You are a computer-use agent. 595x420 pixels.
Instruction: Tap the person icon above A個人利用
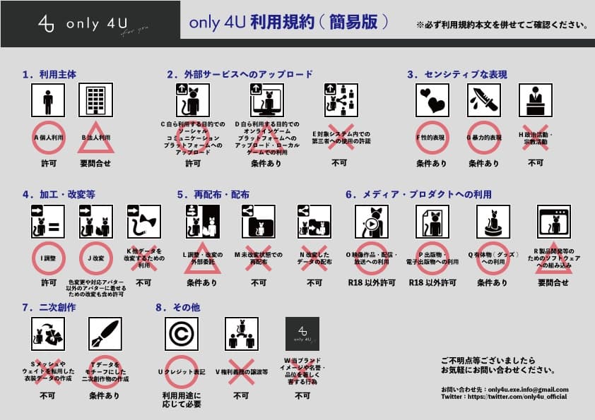(48, 101)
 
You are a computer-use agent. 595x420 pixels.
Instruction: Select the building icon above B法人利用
(95, 101)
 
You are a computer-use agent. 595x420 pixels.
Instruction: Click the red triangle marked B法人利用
(95, 138)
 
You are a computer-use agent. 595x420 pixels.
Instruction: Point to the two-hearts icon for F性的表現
(433, 101)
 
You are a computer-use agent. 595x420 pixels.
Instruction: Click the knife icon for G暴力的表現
(484, 101)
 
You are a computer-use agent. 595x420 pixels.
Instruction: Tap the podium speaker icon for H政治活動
(535, 101)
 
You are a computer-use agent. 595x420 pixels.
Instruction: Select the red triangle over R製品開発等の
(553, 260)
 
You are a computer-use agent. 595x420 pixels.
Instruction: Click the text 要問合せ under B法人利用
(95, 163)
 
